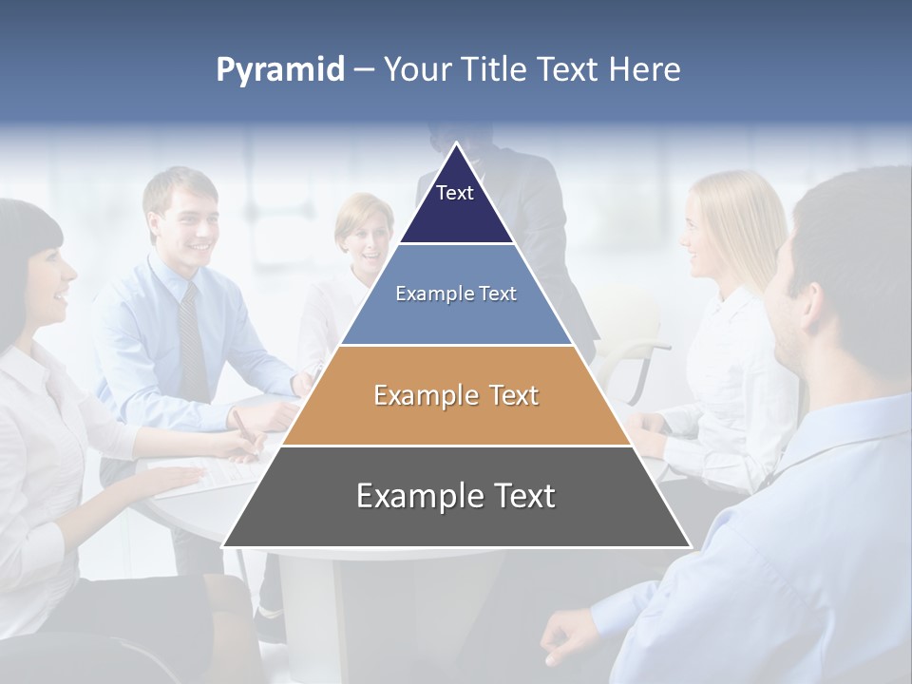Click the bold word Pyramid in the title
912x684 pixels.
280,70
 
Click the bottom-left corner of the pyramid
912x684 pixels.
225,545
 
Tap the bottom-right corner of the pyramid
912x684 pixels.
689,545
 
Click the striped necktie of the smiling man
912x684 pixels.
192,342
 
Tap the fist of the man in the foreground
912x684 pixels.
571,637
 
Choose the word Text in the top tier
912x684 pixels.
455,193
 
